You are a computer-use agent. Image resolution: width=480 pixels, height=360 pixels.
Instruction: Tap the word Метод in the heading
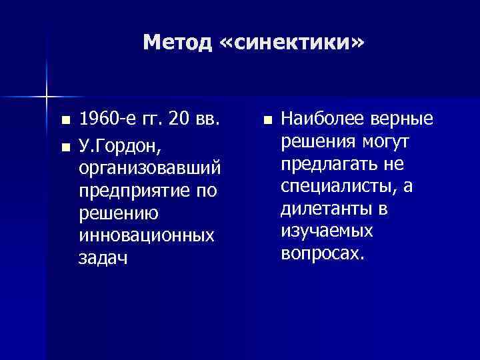pyautogui.click(x=176, y=43)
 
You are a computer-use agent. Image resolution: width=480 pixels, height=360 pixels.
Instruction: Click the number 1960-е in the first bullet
pyautogui.click(x=106, y=119)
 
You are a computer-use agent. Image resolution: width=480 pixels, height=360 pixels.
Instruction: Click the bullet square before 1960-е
pyautogui.click(x=64, y=121)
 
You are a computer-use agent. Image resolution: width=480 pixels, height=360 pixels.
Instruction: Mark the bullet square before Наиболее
pyautogui.click(x=267, y=121)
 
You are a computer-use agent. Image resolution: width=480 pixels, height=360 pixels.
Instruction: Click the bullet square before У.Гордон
pyautogui.click(x=64, y=144)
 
